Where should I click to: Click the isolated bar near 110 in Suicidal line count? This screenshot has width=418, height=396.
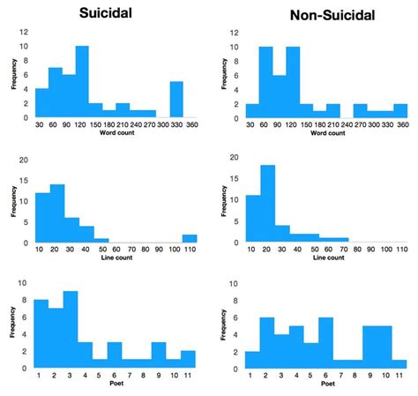pos(190,238)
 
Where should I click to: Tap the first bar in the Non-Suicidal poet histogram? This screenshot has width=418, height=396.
pos(252,359)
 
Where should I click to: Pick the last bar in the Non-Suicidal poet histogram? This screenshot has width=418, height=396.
pos(400,362)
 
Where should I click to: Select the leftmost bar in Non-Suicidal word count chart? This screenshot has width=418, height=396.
pos(252,111)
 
